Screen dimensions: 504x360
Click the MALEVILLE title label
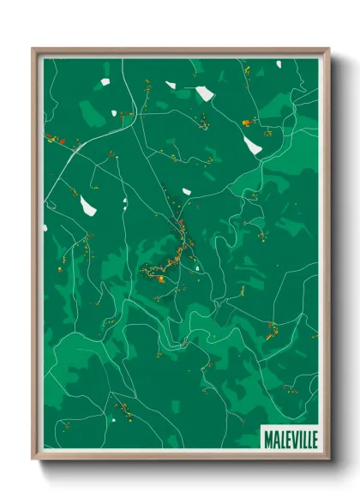[291, 438]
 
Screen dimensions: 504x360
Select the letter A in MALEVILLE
[274, 438]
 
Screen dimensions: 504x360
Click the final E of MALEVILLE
[313, 438]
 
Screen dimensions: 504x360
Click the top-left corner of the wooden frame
[33, 49]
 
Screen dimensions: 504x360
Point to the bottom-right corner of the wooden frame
[328, 459]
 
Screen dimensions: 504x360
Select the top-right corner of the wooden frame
[328, 49]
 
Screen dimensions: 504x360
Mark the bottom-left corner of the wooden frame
[33, 459]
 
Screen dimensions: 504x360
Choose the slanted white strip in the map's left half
[87, 206]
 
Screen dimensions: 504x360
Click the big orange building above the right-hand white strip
[247, 123]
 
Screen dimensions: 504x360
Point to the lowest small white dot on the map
[111, 420]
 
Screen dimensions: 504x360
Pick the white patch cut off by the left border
[45, 227]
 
